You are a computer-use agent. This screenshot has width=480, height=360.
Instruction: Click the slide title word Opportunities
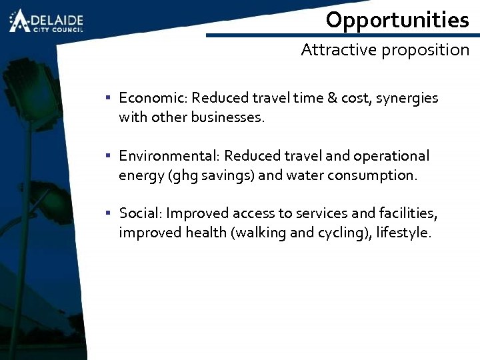pos(397,20)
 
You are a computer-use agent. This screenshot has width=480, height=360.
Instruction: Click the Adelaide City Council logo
pos(45,21)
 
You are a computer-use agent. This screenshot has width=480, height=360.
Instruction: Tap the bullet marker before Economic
pos(107,99)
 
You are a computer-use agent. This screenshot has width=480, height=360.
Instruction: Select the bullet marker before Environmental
pos(107,157)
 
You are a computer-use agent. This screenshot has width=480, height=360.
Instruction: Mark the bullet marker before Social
pos(107,214)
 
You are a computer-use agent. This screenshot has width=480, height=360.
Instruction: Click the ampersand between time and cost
pos(331,98)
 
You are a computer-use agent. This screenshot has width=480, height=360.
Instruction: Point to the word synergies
pos(407,99)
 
